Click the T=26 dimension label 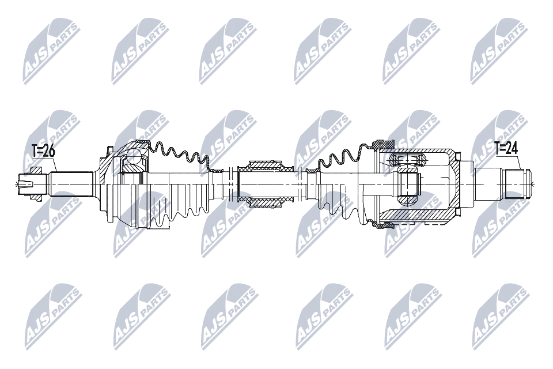(43, 152)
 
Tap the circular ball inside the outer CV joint (134, 155)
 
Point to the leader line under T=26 (52, 165)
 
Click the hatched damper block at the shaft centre (265, 184)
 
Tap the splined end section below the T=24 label (517, 183)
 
